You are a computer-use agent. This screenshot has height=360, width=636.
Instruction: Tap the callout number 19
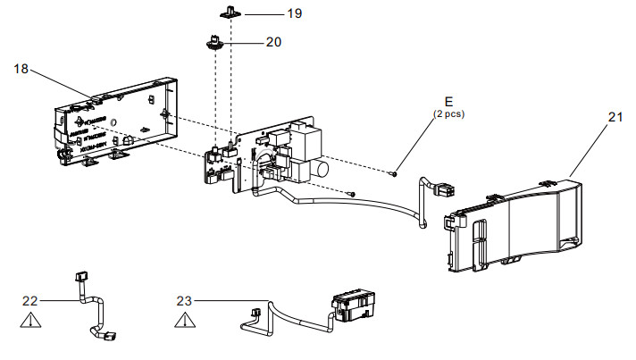(269, 13)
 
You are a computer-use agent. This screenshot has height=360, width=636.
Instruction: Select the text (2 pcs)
(448, 114)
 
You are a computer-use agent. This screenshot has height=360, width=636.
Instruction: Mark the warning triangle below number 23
(184, 319)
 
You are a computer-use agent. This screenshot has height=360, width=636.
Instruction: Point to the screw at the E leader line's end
(394, 173)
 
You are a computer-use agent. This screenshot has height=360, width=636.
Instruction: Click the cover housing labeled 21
(518, 223)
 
